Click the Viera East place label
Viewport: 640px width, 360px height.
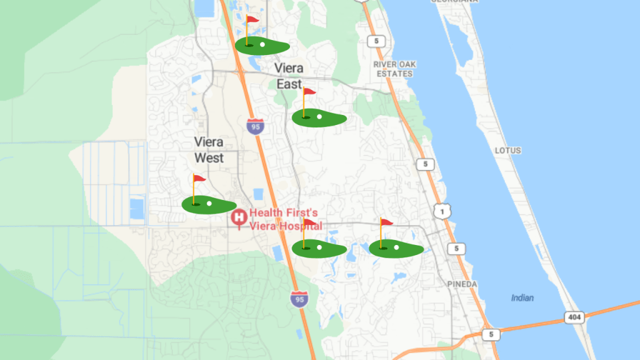pos(289,76)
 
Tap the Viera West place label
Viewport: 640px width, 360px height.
pos(209,150)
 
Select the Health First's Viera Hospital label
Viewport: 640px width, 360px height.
pos(286,219)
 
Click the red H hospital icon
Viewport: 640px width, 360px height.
pos(239,217)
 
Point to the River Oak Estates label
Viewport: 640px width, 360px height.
pos(394,69)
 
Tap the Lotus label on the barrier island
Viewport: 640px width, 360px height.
pos(507,151)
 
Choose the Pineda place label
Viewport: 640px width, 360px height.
pos(462,284)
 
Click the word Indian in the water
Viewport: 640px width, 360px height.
pos(522,298)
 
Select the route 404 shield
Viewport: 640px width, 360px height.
pos(574,317)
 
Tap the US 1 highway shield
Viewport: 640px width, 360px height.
pos(443,212)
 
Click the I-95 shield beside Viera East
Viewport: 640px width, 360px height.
pos(254,126)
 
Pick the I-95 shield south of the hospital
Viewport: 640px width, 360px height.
pos(299,298)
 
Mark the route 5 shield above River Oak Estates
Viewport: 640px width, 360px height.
pos(375,41)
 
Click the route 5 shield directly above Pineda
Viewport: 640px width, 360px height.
pos(456,249)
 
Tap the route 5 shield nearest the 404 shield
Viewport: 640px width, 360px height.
pos(491,334)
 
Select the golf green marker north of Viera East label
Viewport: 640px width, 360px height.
pos(261,45)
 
